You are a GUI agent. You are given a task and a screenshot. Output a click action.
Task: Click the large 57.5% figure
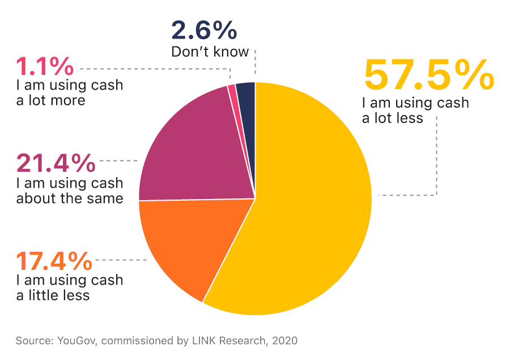[429, 75]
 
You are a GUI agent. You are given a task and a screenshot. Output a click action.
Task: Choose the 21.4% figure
[56, 163]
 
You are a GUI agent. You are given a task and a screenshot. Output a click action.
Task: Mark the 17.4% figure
[54, 261]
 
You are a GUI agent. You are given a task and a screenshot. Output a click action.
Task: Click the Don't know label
[210, 52]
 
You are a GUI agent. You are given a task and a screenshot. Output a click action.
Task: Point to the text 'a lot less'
[393, 118]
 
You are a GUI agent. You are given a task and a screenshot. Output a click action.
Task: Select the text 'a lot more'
[51, 100]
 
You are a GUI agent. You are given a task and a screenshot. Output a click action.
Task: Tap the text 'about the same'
[70, 198]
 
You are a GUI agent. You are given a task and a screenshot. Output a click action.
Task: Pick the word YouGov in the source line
[76, 341]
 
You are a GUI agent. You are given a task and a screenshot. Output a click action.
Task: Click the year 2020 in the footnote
[284, 341]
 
